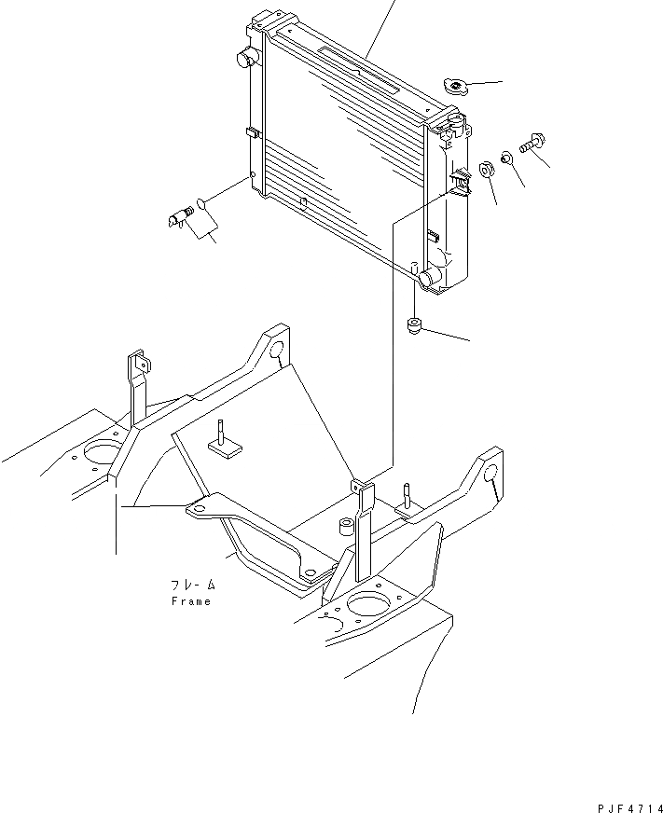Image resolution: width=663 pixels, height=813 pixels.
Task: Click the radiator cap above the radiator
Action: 456,88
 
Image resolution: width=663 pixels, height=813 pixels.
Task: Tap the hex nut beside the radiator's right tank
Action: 486,170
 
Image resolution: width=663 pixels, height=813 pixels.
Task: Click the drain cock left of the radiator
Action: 178,219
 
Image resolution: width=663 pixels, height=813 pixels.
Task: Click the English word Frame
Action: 190,601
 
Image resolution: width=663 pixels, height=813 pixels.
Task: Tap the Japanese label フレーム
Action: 192,586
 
